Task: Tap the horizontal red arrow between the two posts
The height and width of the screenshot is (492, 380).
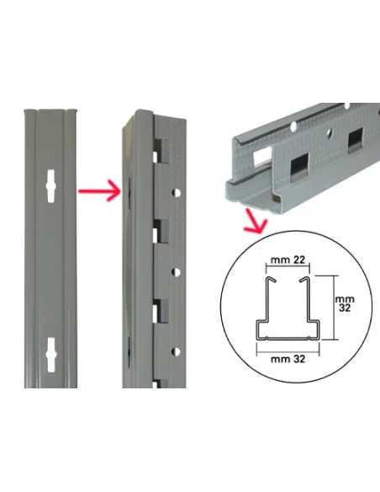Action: (95, 191)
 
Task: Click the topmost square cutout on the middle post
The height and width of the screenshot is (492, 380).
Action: (161, 153)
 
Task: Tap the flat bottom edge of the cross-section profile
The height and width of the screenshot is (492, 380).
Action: (286, 340)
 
